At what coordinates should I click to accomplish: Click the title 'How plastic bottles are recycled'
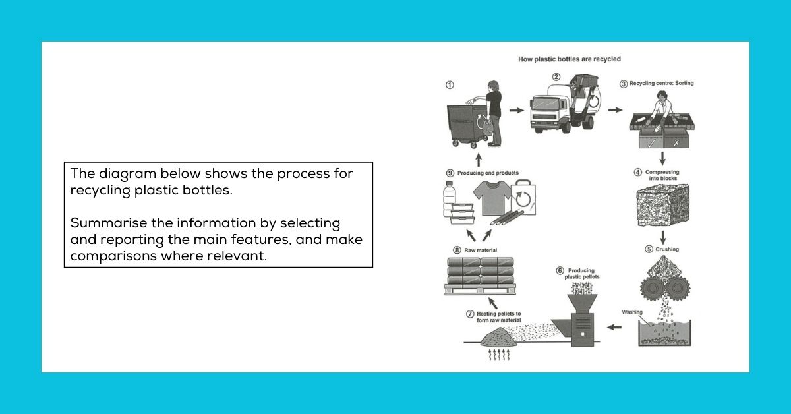point(570,59)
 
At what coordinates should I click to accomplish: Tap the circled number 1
point(450,85)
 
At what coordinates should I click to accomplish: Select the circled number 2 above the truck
point(556,77)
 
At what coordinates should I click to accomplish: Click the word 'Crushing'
point(667,249)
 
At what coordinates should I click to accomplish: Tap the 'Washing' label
point(632,312)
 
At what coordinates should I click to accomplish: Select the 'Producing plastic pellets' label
point(581,274)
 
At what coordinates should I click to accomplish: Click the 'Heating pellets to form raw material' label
point(498,317)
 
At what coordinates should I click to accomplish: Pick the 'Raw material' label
point(481,250)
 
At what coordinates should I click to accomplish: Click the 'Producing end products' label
point(488,173)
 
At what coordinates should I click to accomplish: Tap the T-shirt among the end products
point(492,198)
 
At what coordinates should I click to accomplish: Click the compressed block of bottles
point(663,205)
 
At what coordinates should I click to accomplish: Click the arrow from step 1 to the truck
point(517,110)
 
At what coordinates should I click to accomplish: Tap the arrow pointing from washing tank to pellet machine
point(614,327)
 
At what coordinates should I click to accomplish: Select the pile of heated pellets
point(499,337)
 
